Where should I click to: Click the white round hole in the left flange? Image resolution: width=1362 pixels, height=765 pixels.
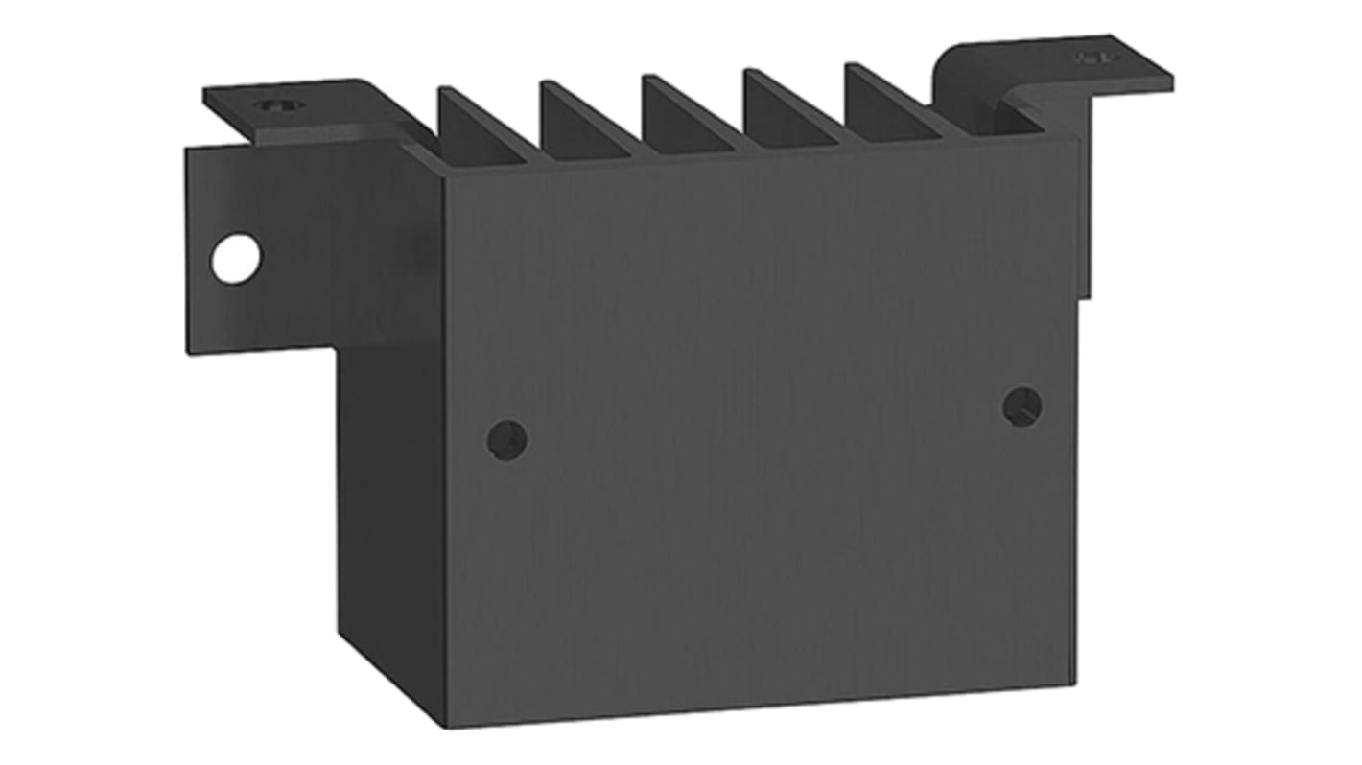(235, 259)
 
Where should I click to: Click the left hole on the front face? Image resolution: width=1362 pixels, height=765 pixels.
(506, 439)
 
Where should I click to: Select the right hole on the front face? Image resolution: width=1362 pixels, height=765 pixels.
(1022, 406)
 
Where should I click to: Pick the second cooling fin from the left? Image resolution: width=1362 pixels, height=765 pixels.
(579, 122)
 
